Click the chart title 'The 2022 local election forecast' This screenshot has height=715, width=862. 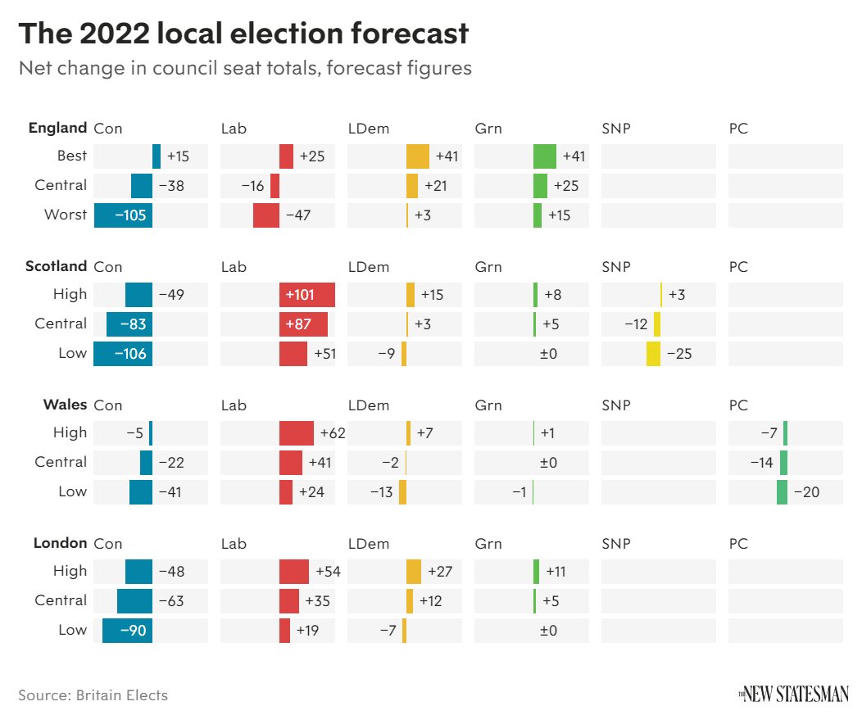point(243,34)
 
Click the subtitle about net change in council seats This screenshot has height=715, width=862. point(245,68)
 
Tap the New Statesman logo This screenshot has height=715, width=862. point(793,695)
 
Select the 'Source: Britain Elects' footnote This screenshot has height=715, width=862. point(93,695)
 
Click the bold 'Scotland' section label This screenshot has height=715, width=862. point(56,266)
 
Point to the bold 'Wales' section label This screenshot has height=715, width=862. point(65,405)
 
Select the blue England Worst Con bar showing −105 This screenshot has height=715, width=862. point(123,215)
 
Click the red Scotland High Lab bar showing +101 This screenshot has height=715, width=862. point(306,295)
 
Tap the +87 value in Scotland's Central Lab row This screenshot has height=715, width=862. point(299,324)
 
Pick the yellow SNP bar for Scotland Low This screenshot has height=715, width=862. point(653,354)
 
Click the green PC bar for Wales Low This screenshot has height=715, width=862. point(782,492)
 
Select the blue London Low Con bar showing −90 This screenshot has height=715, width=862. point(127,631)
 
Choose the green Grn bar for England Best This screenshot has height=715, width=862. point(544,156)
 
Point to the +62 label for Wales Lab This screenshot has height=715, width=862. point(333,433)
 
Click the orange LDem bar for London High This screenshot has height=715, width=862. point(414,572)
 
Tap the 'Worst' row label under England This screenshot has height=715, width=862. point(66,215)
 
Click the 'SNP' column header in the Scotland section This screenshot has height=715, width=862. point(616,267)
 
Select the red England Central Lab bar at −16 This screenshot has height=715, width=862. point(274,186)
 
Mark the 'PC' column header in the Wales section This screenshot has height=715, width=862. point(738,405)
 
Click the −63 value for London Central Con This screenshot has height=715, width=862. point(170,601)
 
